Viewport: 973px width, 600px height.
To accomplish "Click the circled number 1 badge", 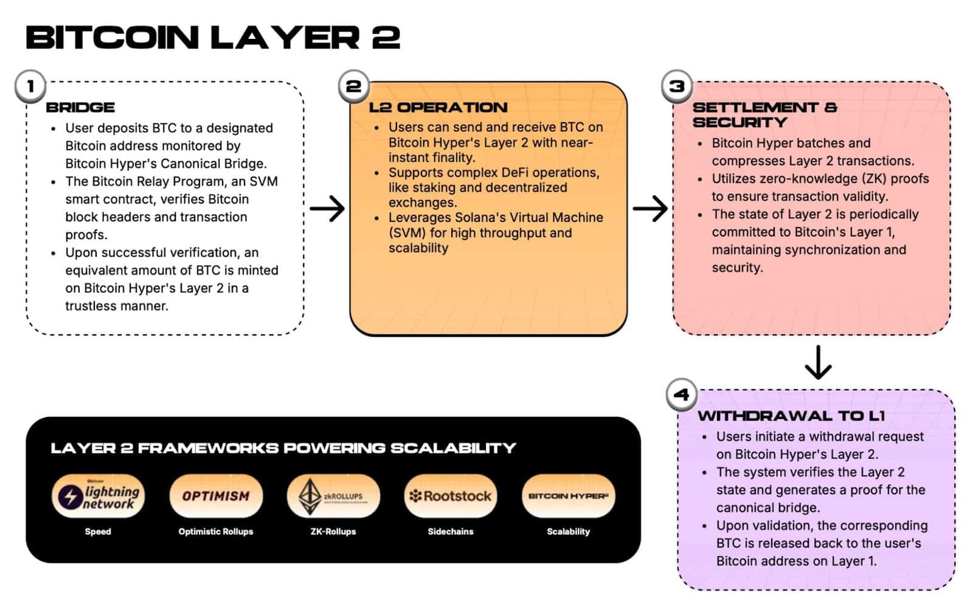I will pos(30,86).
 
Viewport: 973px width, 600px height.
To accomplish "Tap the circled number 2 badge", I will pos(353,86).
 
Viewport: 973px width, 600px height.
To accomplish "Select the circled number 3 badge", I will pos(676,86).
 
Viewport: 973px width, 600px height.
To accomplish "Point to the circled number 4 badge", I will pos(681,395).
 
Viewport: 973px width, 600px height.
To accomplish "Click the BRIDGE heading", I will pos(80,108).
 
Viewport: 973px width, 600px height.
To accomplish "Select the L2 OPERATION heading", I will pos(438,108).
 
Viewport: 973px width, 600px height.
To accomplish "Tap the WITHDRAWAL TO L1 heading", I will pos(791,416).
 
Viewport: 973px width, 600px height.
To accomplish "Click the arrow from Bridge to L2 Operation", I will pos(327,209).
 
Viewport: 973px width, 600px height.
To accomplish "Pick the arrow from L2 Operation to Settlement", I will pos(650,209).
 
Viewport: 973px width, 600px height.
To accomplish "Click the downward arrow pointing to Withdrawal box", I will pos(818,362).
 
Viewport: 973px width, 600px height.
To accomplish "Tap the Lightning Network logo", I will pos(98,496).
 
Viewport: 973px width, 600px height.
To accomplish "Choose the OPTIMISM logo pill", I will pos(216,496).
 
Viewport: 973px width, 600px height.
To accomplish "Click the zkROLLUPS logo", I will pos(333,496).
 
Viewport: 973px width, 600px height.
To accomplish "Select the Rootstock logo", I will pos(451,496).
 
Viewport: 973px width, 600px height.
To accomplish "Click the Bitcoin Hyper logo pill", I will pos(568,496).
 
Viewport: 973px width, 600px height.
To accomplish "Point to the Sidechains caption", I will pos(450,531).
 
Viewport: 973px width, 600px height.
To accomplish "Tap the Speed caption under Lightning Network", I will pos(98,531).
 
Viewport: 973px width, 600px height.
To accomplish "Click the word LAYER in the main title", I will pos(285,38).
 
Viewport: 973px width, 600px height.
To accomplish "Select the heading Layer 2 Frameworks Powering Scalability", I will pos(283,449).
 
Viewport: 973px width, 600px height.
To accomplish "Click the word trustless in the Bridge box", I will pos(91,306).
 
